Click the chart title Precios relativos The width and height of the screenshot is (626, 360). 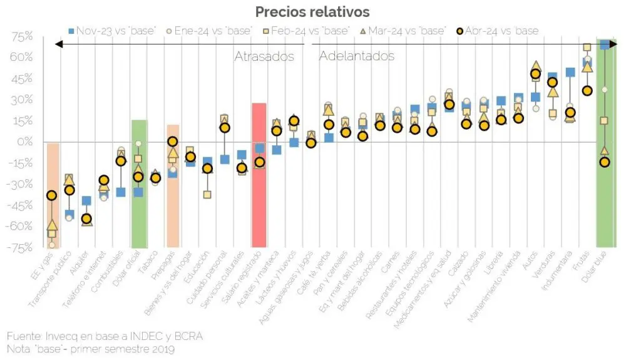click(x=312, y=12)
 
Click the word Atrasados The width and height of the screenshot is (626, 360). click(x=264, y=56)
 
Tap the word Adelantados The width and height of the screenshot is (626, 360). click(x=357, y=56)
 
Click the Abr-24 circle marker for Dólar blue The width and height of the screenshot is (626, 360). click(x=605, y=162)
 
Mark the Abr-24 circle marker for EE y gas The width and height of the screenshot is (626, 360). click(x=52, y=196)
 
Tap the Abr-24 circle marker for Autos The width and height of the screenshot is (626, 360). click(x=535, y=74)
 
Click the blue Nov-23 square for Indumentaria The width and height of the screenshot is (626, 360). click(x=570, y=72)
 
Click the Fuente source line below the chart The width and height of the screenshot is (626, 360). click(x=105, y=337)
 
